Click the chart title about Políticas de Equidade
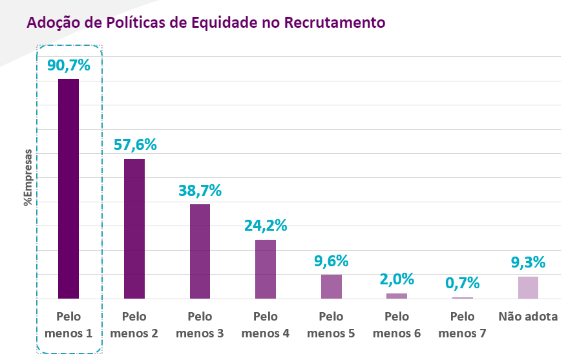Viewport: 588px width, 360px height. coord(205,23)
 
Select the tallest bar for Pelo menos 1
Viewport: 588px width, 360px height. coord(68,188)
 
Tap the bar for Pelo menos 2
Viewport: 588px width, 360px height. coord(134,228)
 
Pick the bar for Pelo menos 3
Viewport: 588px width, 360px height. coord(200,251)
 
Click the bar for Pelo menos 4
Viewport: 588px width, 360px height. coord(266,269)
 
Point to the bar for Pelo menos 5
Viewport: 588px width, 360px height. coord(331,286)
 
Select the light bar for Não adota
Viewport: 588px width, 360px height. coord(528,287)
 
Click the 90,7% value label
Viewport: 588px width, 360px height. coord(68,65)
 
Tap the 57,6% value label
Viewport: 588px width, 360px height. coord(134,144)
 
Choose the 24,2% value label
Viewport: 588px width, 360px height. coord(266,226)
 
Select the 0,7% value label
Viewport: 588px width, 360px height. coord(463,282)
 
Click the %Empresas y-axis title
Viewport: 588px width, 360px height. coord(28,178)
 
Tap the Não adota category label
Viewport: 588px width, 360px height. coord(528,317)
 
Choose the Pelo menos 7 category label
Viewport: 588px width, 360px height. coord(463,325)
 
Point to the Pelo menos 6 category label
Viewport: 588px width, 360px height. coord(397,325)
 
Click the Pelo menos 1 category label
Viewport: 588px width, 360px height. coord(68,325)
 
